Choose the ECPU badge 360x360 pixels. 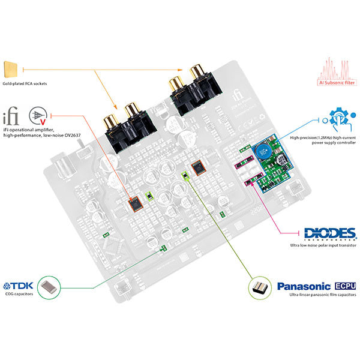[x=345, y=286]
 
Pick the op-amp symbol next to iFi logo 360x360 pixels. [x=38, y=116]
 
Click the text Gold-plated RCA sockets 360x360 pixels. [x=25, y=83]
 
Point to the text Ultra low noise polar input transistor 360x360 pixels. [x=322, y=245]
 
